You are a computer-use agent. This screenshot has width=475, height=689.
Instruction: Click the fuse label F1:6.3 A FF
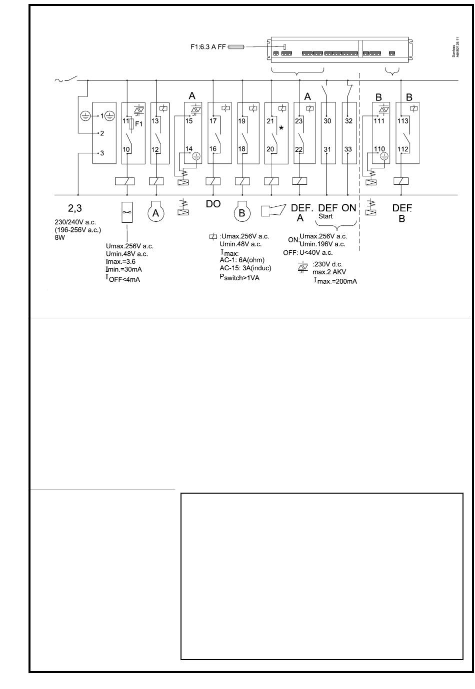click(x=208, y=47)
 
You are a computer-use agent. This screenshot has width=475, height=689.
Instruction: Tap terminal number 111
click(x=379, y=121)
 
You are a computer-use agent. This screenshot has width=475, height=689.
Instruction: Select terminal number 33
click(x=348, y=149)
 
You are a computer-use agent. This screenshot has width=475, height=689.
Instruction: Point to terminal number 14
click(x=188, y=149)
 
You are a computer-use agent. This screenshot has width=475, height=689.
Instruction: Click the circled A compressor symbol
click(x=155, y=213)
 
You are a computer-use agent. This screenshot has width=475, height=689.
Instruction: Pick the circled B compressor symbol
click(x=242, y=213)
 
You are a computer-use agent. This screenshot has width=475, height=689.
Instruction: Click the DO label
click(x=213, y=204)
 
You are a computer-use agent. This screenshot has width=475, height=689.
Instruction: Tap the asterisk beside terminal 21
click(x=281, y=129)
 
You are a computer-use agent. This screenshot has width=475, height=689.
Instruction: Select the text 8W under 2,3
click(x=60, y=238)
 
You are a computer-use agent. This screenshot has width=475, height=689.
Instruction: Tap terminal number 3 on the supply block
click(x=102, y=153)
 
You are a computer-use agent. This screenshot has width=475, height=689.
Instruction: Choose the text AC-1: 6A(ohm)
click(x=242, y=260)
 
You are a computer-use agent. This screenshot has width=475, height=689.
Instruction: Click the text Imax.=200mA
click(x=335, y=281)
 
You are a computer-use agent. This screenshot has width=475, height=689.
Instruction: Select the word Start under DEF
click(x=325, y=216)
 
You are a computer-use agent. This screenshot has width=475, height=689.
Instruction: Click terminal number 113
click(x=402, y=121)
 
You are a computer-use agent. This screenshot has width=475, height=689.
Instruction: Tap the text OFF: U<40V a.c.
click(x=307, y=253)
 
